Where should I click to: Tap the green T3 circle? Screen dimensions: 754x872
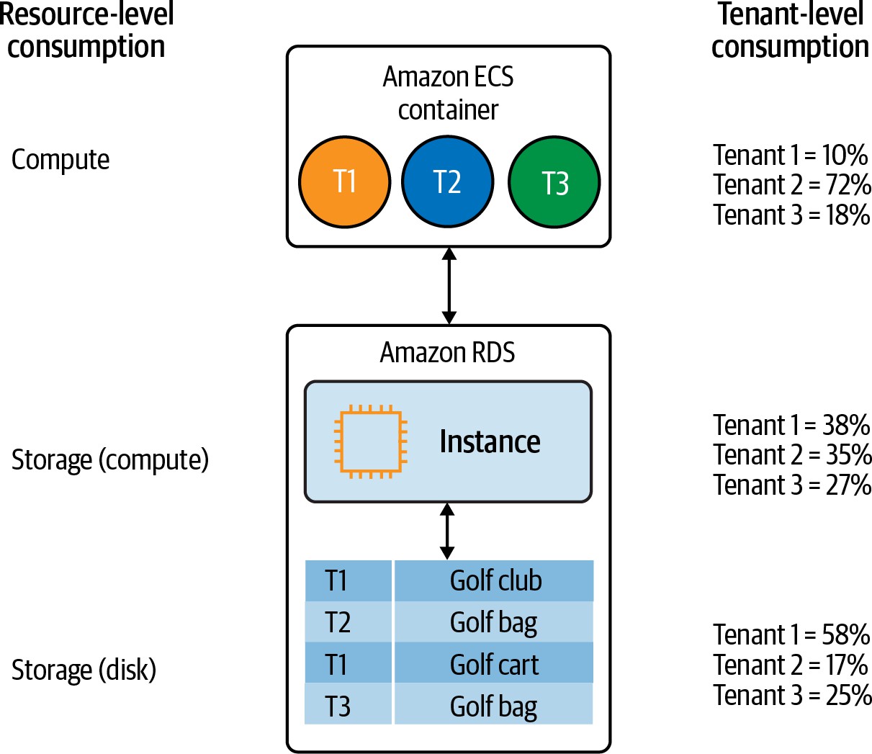coord(554,182)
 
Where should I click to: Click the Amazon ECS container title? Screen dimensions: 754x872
coord(448,93)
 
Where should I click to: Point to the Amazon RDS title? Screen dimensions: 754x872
coord(447,352)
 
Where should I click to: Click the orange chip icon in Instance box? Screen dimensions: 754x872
coord(370,441)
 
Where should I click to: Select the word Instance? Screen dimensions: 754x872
coord(490,441)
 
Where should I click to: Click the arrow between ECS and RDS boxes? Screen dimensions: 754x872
coord(449,286)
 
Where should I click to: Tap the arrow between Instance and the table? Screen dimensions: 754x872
coord(447,531)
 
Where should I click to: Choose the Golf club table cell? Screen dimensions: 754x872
coord(495,580)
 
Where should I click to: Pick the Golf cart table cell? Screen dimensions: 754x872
coord(494,664)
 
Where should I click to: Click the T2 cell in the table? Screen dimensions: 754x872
coord(338,622)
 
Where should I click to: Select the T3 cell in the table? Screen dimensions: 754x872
coord(338,706)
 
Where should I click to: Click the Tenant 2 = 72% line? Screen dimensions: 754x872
coord(792,185)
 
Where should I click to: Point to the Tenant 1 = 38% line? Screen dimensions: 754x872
coord(791,425)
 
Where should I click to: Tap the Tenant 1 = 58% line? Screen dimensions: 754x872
coord(791,634)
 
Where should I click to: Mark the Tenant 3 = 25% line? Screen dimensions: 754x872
coord(792,695)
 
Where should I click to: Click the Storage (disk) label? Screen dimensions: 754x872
coord(84,670)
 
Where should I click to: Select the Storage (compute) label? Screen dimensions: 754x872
coord(110,459)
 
